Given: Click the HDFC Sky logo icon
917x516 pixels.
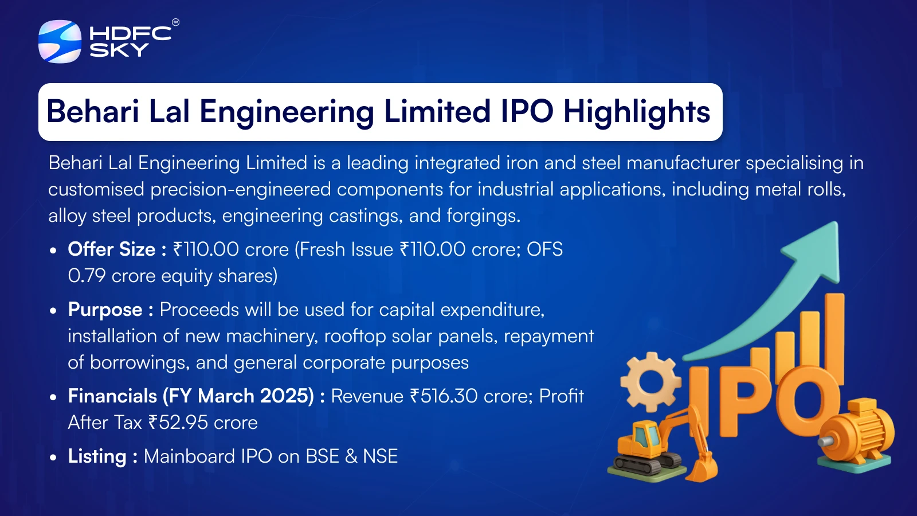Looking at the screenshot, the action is [60, 41].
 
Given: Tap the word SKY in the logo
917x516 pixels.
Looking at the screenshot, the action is [119, 50].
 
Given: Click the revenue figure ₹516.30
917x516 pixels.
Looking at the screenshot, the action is [444, 396].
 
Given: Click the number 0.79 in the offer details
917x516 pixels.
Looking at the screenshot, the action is [87, 276].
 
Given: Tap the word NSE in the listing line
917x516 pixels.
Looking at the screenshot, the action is [381, 456].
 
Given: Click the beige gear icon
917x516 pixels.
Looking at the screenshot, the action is [651, 382].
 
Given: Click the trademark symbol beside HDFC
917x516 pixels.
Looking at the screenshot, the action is [175, 22].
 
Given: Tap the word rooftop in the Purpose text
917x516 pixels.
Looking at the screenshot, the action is [355, 337].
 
